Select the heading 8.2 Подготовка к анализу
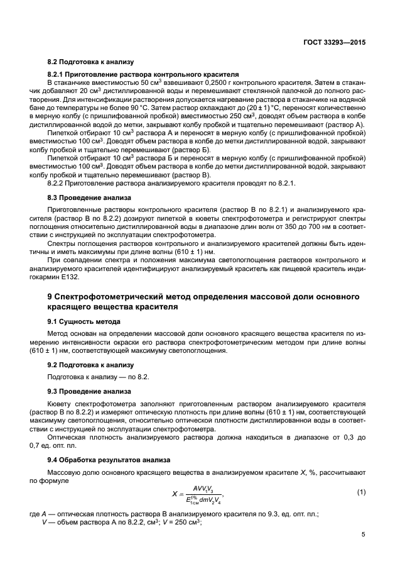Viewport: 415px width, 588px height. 90,62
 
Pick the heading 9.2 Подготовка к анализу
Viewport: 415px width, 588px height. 90,364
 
